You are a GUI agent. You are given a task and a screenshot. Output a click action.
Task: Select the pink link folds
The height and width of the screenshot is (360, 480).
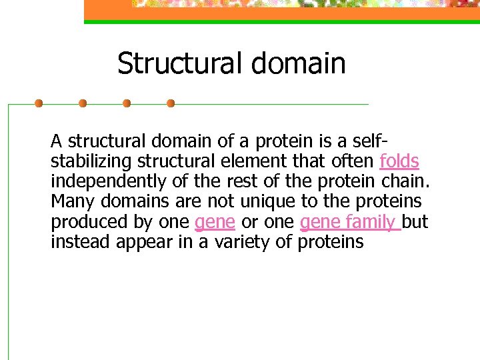[x=399, y=162]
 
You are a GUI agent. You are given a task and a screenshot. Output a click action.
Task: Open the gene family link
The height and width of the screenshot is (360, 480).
[x=349, y=222]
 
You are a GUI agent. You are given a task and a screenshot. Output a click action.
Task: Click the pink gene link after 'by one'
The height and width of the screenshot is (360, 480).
[x=215, y=222]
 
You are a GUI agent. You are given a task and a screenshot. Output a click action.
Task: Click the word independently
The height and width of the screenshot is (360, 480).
[x=105, y=182]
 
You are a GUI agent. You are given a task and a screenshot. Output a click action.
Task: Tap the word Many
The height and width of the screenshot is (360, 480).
[x=71, y=202]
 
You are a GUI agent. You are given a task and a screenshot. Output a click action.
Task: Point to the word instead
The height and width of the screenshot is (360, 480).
[x=81, y=242]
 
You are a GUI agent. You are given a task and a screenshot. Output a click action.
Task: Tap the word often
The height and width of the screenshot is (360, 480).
[x=353, y=162]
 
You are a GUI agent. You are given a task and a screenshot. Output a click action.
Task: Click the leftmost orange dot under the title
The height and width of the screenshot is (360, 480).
[x=39, y=103]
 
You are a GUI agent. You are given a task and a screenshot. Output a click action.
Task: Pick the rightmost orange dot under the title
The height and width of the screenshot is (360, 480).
[x=171, y=103]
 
